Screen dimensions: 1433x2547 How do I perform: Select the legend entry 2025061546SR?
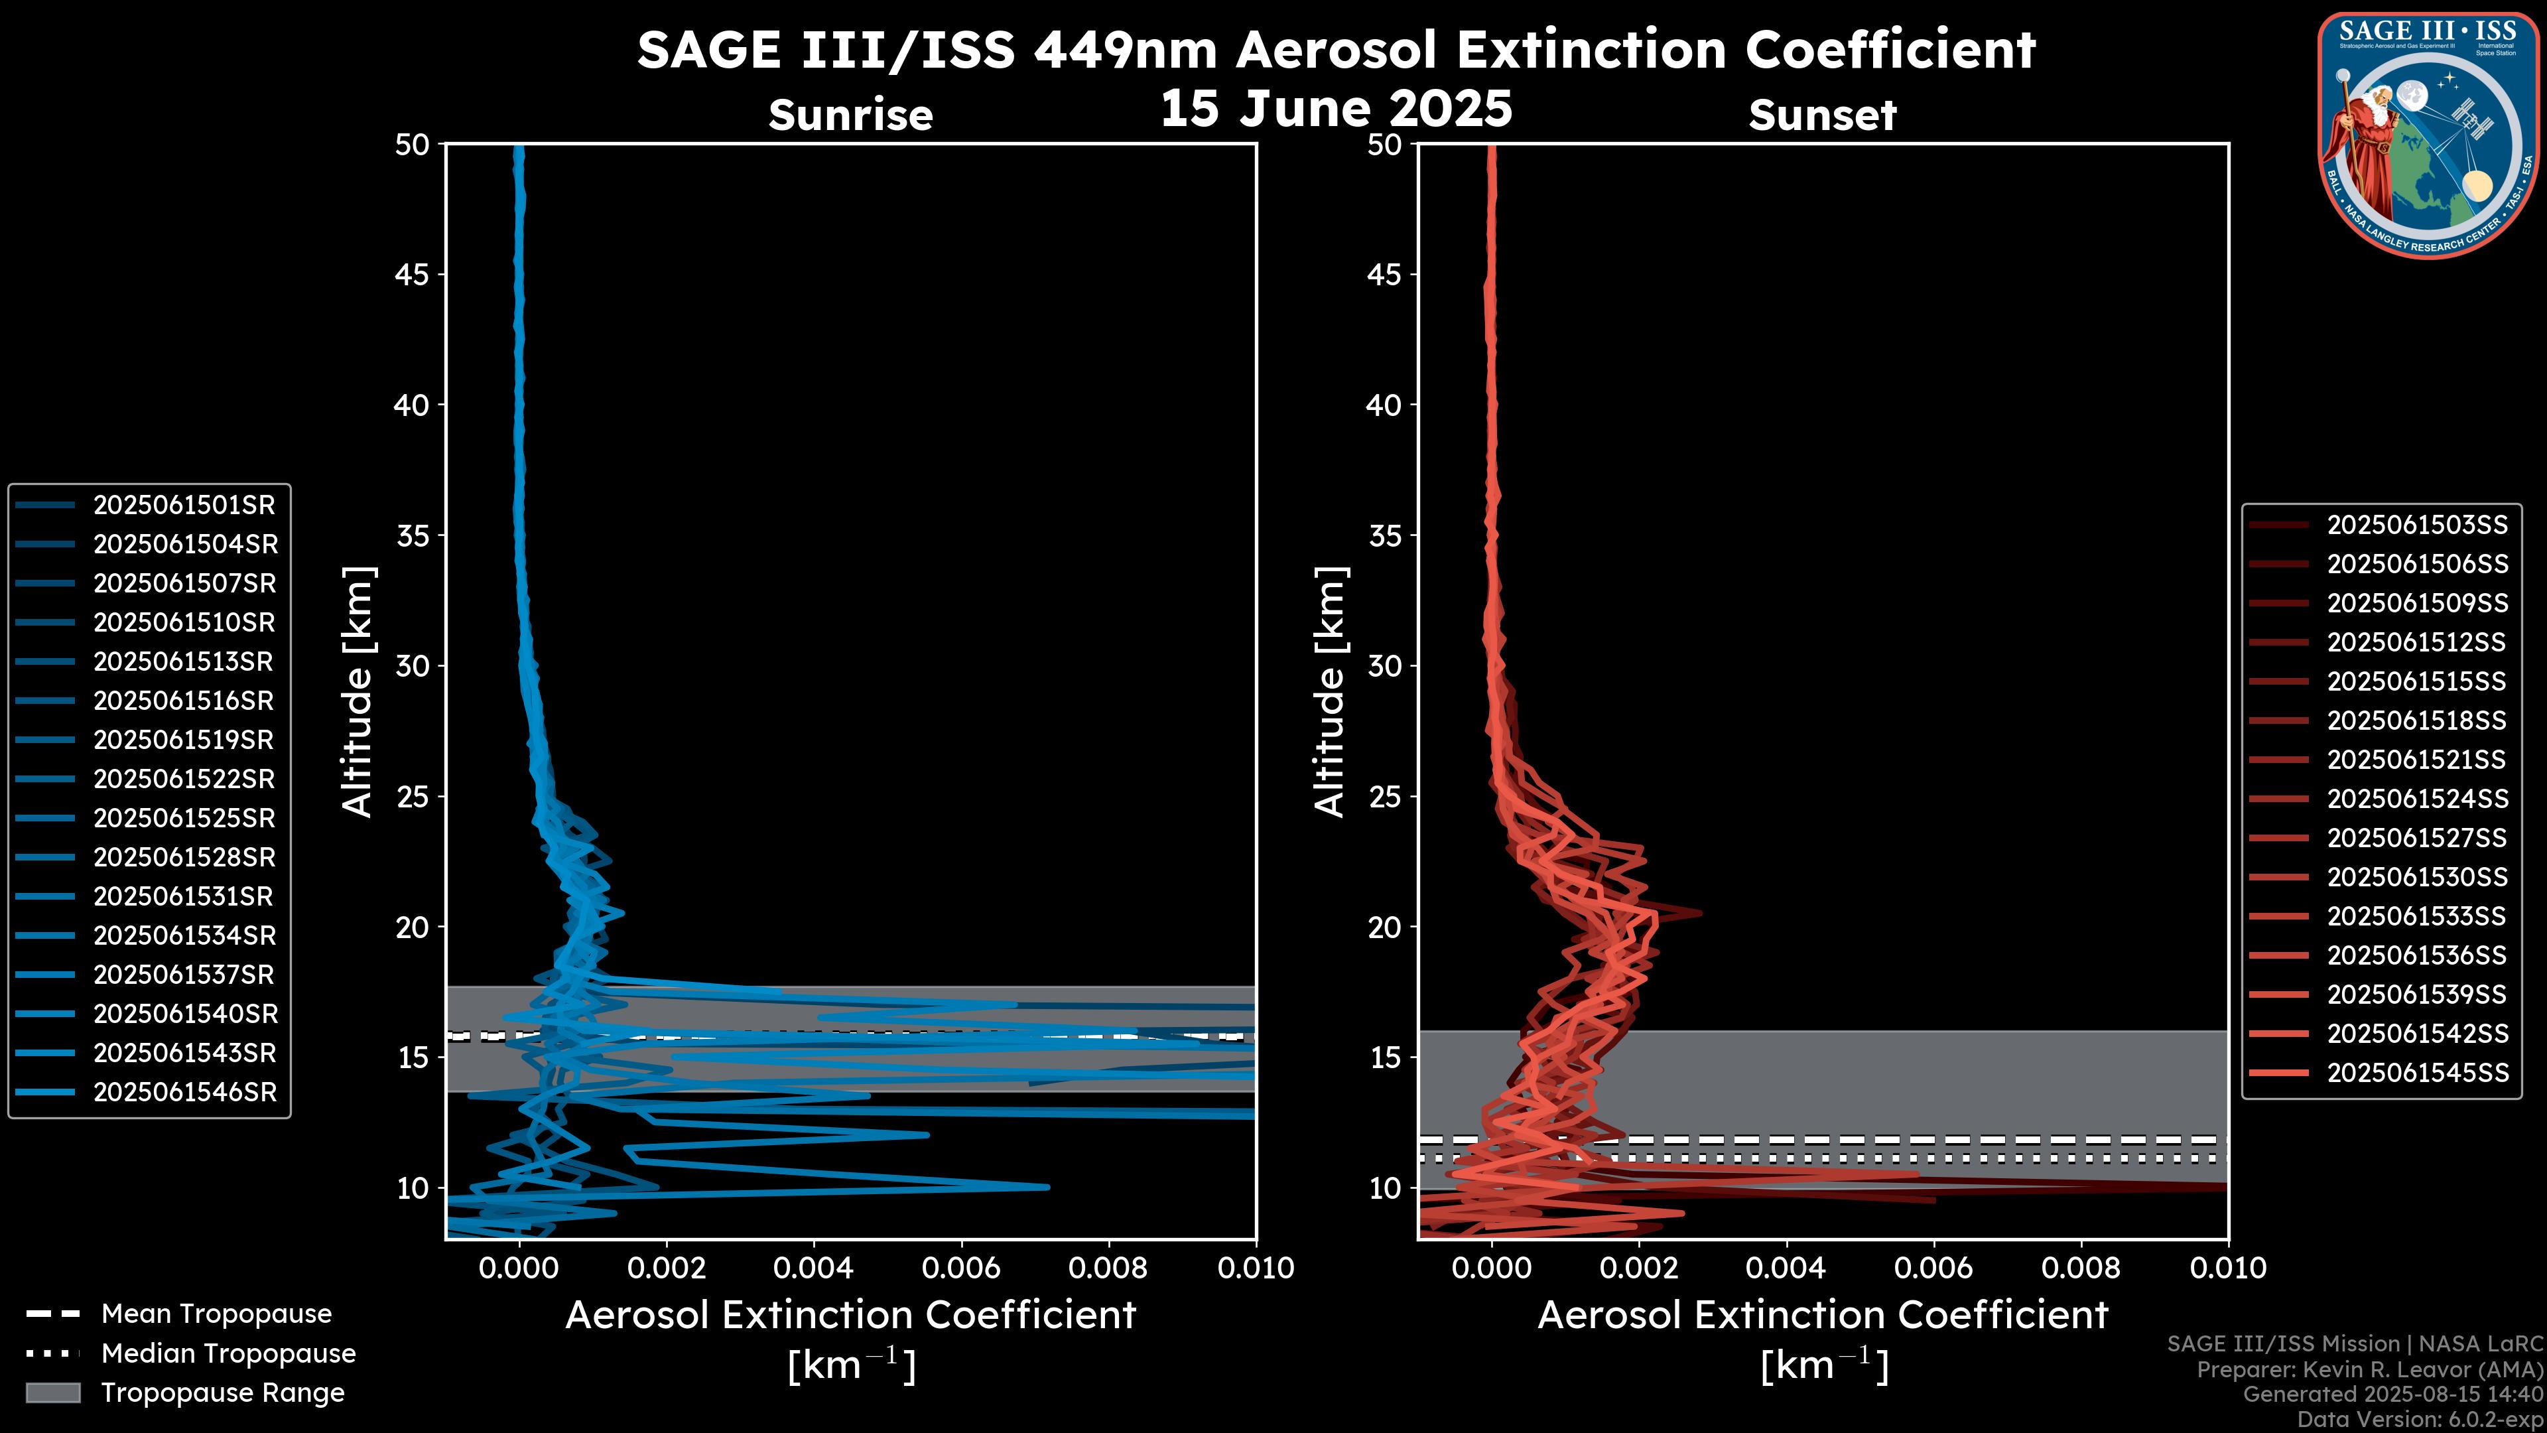click(x=184, y=1093)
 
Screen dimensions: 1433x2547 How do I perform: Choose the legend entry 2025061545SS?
click(x=2416, y=1073)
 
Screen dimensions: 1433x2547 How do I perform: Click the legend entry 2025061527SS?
click(x=2416, y=839)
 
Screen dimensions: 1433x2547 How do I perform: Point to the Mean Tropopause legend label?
click(x=216, y=1314)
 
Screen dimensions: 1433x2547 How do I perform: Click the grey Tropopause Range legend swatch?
click(x=52, y=1393)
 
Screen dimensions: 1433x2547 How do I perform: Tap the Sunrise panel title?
click(x=850, y=115)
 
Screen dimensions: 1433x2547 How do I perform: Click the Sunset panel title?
click(x=1822, y=115)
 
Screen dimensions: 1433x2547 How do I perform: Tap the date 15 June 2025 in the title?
click(x=1336, y=109)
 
